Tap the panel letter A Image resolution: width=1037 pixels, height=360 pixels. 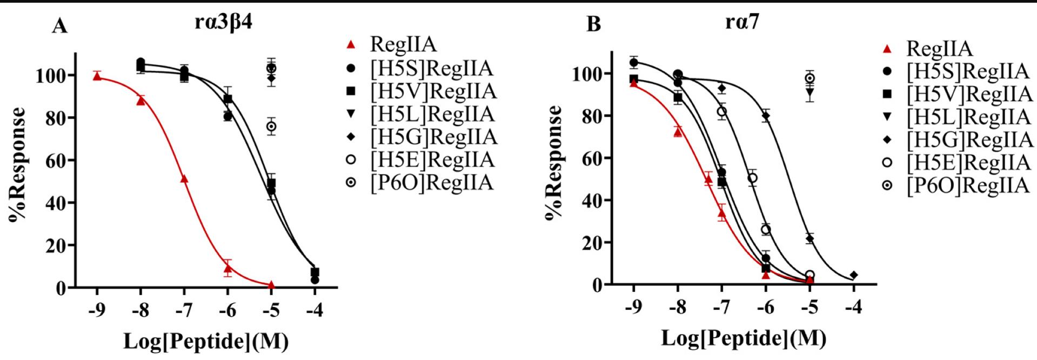pyautogui.click(x=59, y=26)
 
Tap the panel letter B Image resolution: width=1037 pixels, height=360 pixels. pyautogui.click(x=593, y=24)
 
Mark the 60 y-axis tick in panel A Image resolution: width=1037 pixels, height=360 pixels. pyautogui.click(x=56, y=161)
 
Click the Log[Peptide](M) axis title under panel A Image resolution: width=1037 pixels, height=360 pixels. pyautogui.click(x=206, y=342)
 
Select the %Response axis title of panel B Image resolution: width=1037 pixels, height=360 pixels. pyautogui.click(x=554, y=162)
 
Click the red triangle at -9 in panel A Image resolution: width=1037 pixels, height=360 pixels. pyautogui.click(x=97, y=76)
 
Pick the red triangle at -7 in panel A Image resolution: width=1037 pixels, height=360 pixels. pyautogui.click(x=184, y=178)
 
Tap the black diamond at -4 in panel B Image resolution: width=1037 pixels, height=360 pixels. pyautogui.click(x=854, y=275)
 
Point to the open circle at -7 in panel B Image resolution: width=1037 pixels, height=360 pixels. pyautogui.click(x=722, y=112)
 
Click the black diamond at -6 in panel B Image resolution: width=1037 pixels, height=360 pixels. pyautogui.click(x=766, y=116)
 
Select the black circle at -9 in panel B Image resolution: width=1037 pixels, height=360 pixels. pyautogui.click(x=634, y=63)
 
